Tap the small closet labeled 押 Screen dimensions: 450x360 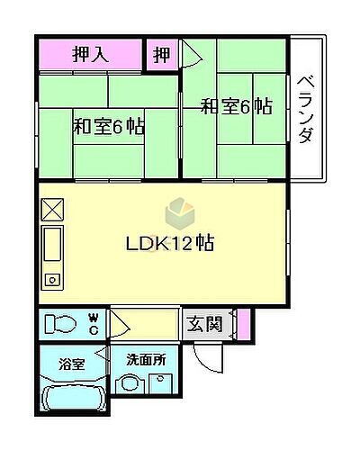[x=161, y=54]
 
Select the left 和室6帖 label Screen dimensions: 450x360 [x=108, y=127]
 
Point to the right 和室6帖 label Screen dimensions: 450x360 [x=236, y=107]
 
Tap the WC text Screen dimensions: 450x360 [x=93, y=321]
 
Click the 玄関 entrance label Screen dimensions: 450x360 [x=205, y=322]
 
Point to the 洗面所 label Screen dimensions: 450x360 [x=145, y=359]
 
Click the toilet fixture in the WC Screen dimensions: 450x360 [x=61, y=322]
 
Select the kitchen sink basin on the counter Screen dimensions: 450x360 [x=53, y=244]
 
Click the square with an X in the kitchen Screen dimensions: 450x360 [x=53, y=209]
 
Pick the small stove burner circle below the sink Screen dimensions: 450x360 [x=53, y=280]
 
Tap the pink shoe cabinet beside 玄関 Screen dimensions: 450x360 [x=240, y=321]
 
